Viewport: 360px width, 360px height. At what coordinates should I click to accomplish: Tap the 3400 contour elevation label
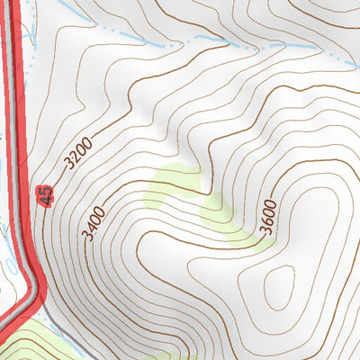94,222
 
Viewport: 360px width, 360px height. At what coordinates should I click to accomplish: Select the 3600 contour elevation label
268,216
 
